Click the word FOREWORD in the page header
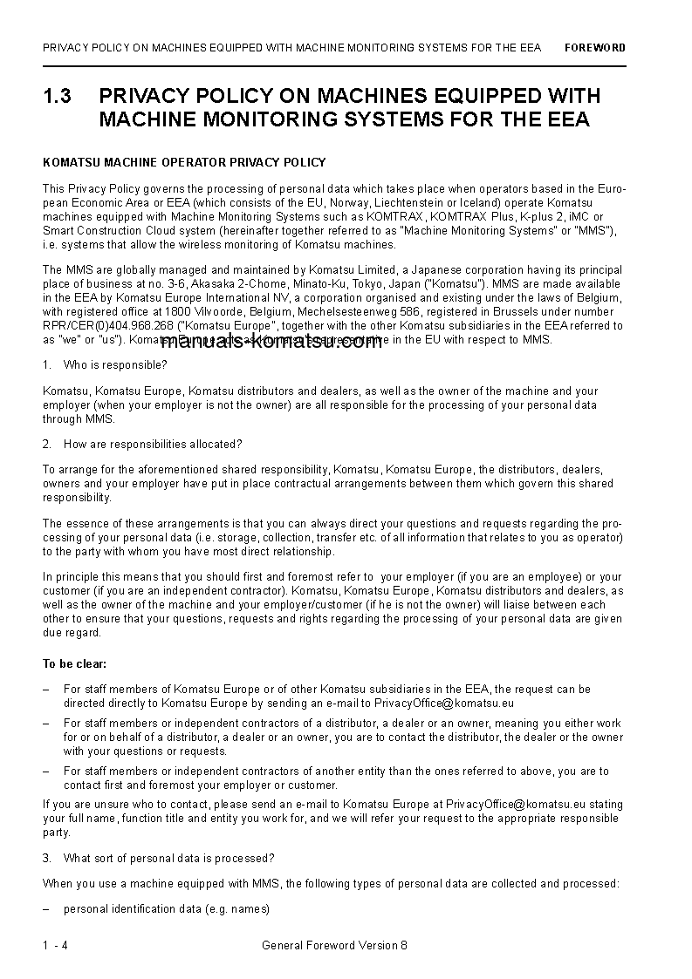coord(594,48)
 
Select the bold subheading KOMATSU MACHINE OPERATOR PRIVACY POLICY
coord(184,162)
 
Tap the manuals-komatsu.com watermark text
coord(271,342)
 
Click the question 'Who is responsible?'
coord(115,364)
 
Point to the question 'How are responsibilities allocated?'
coord(153,445)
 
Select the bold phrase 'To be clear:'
coord(73,663)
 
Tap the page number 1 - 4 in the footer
coord(54,945)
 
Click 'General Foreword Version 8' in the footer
coord(334,945)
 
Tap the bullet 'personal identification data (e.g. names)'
coord(167,908)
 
